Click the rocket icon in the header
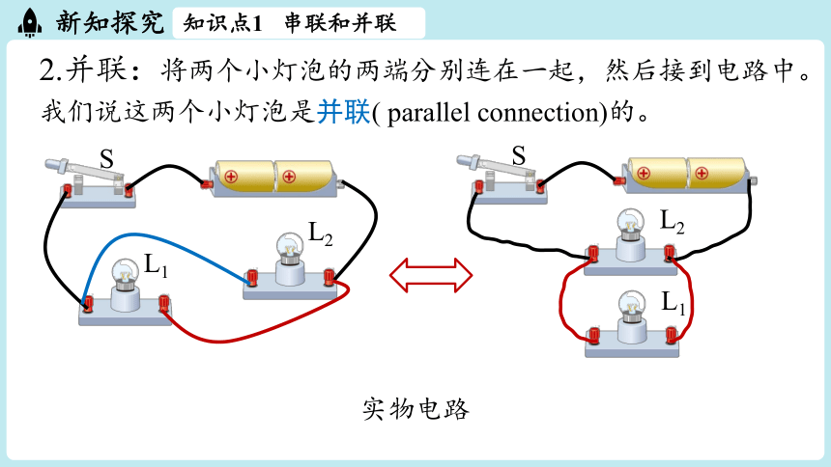pos(30,23)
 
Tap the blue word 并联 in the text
pos(343,112)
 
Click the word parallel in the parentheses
pos(429,113)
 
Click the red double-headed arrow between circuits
pos(431,275)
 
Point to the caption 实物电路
pos(415,409)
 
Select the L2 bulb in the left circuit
pos(290,259)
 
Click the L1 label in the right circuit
pos(673,302)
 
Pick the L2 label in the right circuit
pos(672,221)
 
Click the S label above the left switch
pos(106,158)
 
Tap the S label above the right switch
pos(519,155)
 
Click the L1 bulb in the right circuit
pos(632,316)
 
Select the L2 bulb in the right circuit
pos(631,235)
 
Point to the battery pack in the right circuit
pos(687,174)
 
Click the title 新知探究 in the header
pos(110,22)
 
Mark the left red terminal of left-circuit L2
pos(252,278)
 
